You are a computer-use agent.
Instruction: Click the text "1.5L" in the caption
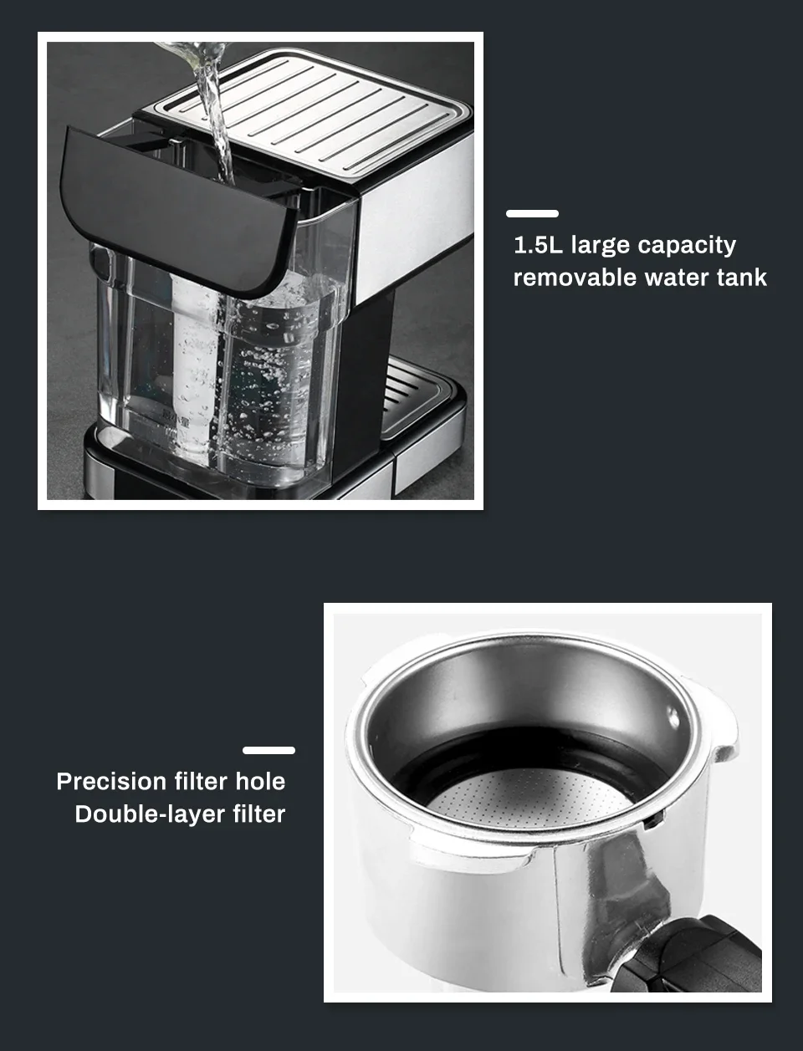537,245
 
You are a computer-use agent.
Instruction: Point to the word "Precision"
111,782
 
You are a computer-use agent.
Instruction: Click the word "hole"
260,782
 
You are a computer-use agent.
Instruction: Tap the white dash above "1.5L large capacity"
533,213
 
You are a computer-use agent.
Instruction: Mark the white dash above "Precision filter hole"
269,750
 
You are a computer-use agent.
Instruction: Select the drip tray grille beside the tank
414,397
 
